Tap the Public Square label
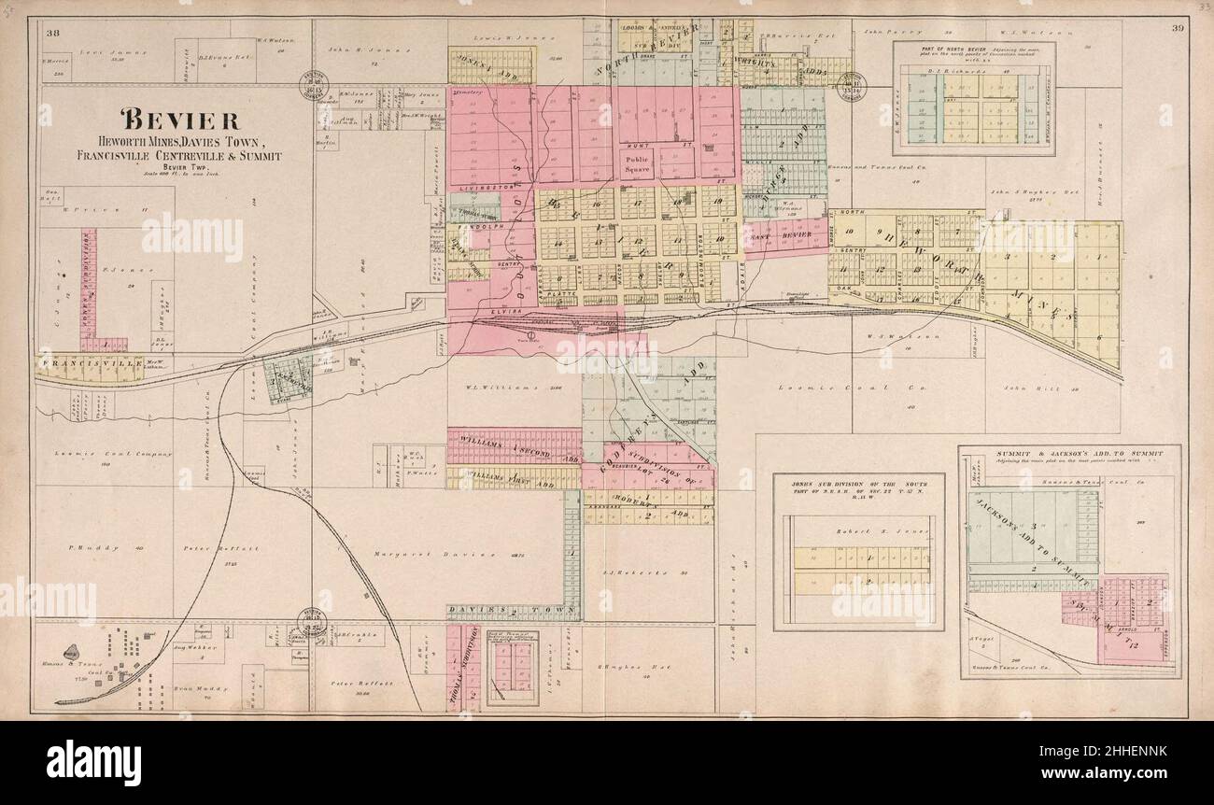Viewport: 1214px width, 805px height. (638, 164)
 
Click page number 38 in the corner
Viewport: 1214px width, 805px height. (53, 34)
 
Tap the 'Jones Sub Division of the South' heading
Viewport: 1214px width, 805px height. (857, 485)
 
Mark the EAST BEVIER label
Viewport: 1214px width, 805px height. (774, 236)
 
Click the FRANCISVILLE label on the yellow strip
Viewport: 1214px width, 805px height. (77, 360)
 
